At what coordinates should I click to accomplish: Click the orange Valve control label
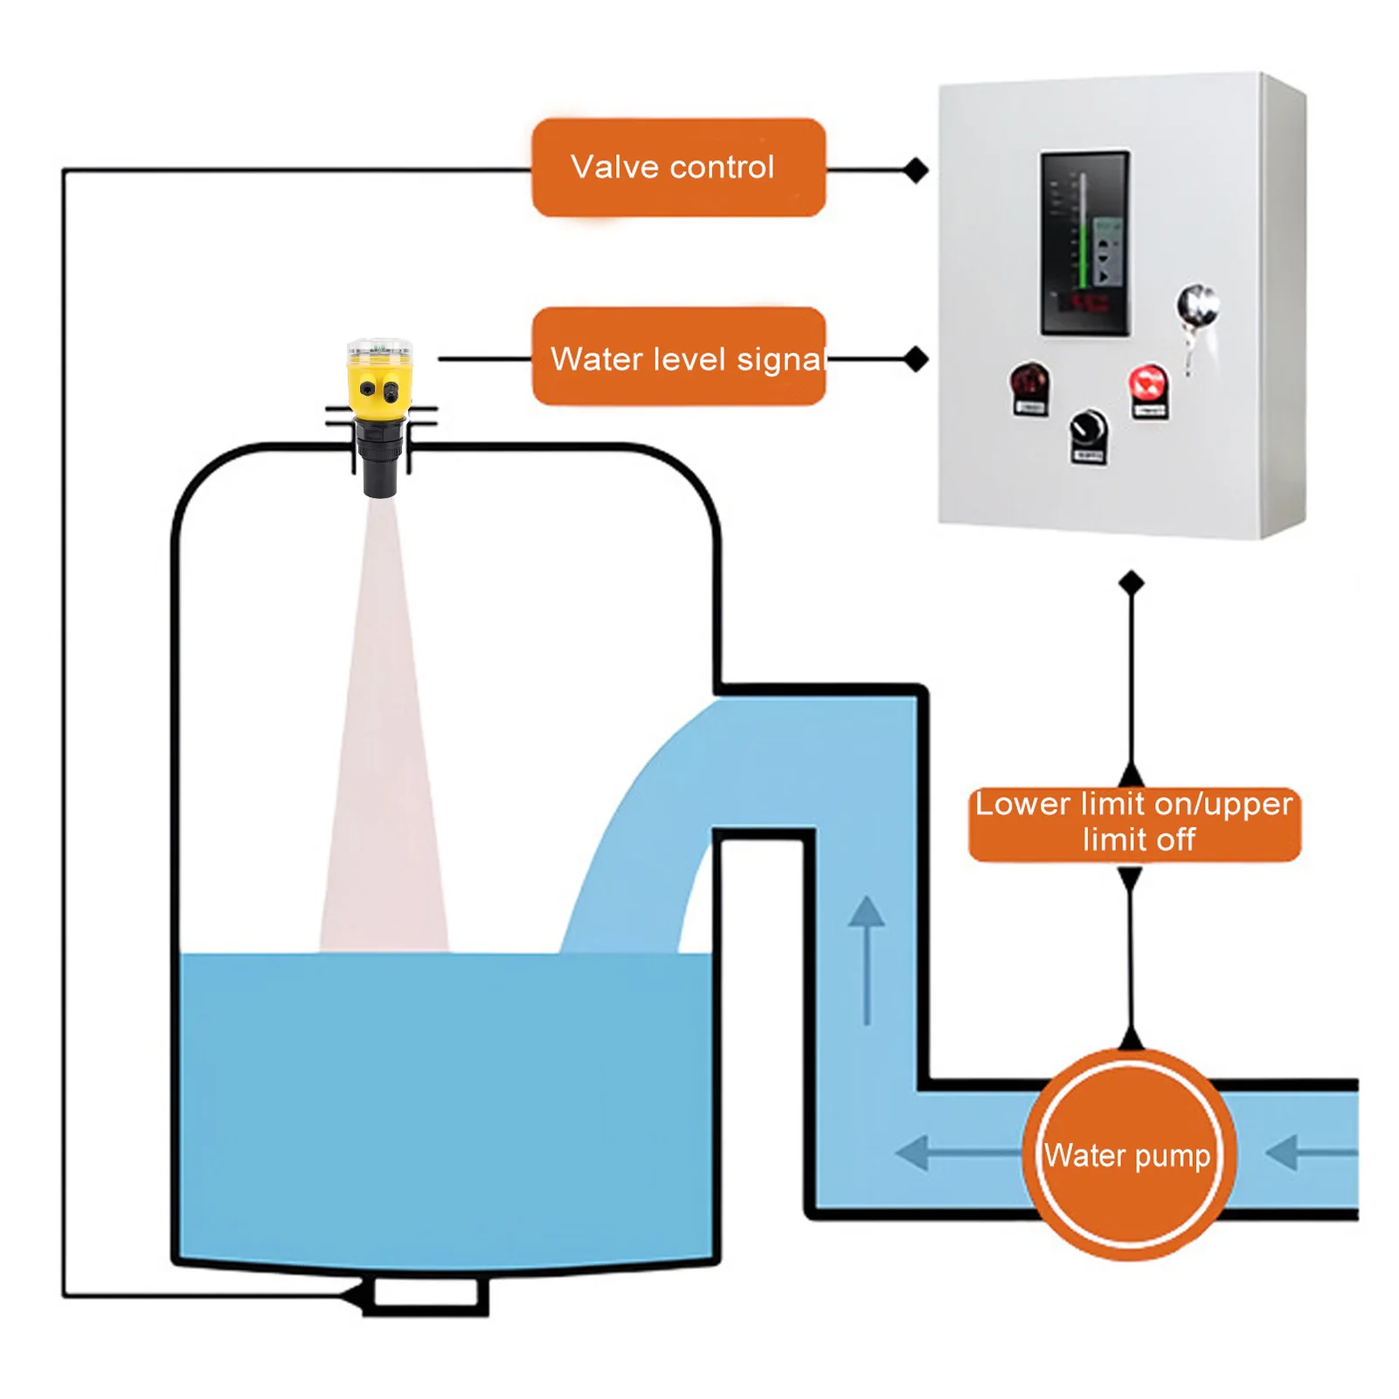click(x=678, y=167)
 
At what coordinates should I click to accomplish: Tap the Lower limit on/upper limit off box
click(x=1133, y=823)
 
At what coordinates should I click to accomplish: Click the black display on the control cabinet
click(x=1084, y=243)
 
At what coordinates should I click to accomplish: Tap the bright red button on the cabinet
click(x=1148, y=384)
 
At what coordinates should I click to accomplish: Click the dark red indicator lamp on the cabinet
click(x=1029, y=382)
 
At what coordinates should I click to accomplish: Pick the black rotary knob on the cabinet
click(x=1088, y=429)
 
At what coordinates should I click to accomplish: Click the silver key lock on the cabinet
click(x=1195, y=306)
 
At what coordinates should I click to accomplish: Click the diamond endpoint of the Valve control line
click(x=915, y=170)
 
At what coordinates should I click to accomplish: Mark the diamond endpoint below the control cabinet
click(x=1131, y=582)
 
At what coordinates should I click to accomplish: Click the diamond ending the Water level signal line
click(x=915, y=358)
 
